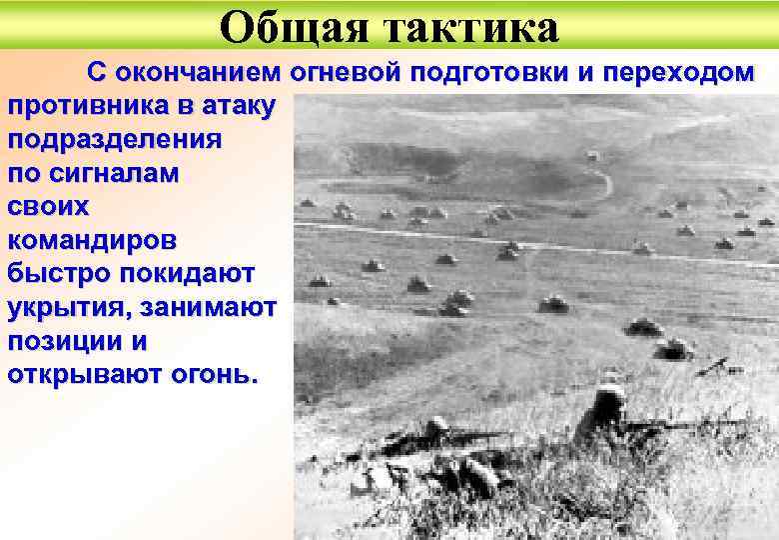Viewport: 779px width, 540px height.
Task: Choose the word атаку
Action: click(242, 105)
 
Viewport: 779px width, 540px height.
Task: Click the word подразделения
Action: click(115, 139)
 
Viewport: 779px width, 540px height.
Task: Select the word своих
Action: click(48, 206)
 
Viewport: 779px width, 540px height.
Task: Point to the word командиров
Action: click(94, 240)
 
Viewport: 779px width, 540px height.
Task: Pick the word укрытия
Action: click(70, 307)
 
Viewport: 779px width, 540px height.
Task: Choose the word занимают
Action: click(209, 307)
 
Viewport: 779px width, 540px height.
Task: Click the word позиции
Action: click(61, 341)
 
